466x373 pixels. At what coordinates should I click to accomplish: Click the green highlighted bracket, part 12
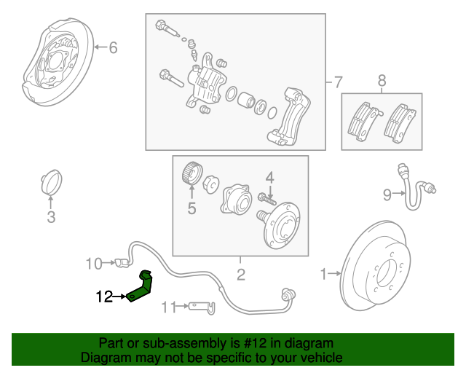click(x=140, y=286)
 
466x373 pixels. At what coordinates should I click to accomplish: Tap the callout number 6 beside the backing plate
click(x=112, y=48)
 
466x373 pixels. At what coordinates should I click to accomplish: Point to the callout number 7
click(x=337, y=81)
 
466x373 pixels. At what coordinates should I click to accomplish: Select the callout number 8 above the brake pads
click(x=381, y=81)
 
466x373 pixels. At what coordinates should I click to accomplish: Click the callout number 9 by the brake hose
click(x=387, y=193)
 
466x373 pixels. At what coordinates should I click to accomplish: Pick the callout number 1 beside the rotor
click(x=324, y=274)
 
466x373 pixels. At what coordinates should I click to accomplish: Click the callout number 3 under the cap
click(x=51, y=216)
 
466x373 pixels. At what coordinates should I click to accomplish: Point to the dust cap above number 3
click(x=51, y=183)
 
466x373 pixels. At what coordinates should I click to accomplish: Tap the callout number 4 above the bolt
click(x=269, y=177)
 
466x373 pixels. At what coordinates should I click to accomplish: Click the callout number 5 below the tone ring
click(x=192, y=209)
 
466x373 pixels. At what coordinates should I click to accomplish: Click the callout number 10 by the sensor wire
click(x=95, y=263)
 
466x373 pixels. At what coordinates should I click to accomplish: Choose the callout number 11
click(x=168, y=307)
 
